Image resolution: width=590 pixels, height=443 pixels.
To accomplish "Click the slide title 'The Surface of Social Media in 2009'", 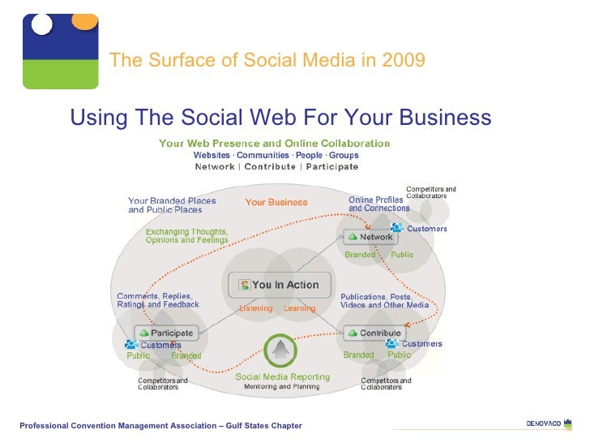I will click(x=267, y=60).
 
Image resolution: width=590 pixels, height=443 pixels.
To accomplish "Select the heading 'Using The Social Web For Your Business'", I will click(x=280, y=118).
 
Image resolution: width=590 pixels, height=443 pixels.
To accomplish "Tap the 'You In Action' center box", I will click(x=280, y=285).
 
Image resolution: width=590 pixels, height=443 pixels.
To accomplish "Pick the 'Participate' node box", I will click(x=166, y=333).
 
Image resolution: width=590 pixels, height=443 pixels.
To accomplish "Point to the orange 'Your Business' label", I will click(x=276, y=202).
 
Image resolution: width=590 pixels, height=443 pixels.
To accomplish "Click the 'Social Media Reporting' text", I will click(x=282, y=376).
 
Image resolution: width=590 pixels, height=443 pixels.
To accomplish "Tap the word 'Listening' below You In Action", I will click(x=255, y=308).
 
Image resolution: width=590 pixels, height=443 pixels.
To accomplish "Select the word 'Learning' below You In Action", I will click(x=299, y=308).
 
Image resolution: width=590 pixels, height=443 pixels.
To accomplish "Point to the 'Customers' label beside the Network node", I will click(x=425, y=229).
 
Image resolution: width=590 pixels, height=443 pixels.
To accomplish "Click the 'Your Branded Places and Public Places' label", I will click(x=172, y=205).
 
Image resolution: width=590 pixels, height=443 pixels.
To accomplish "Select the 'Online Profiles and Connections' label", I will click(x=378, y=204).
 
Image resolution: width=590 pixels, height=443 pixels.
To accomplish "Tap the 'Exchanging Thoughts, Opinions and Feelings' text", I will click(x=186, y=236).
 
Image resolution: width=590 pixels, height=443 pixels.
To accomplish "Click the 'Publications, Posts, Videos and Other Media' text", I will click(x=384, y=301).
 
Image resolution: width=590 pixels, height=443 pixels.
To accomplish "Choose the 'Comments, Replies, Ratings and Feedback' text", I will click(x=158, y=300).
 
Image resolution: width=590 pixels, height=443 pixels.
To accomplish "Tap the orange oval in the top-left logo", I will click(x=83, y=20).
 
